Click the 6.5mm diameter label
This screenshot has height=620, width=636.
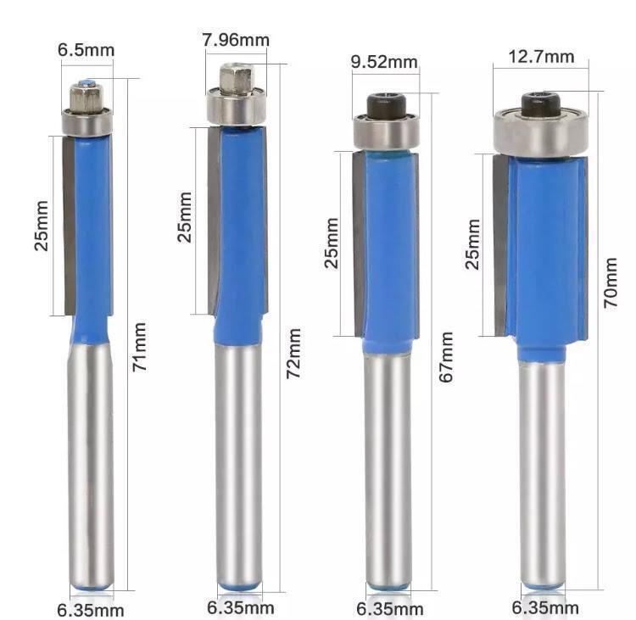(86, 50)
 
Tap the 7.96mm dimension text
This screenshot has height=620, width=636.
(236, 40)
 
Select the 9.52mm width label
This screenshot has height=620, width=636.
(384, 62)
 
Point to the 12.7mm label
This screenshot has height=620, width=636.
(541, 56)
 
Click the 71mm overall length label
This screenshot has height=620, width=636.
(139, 347)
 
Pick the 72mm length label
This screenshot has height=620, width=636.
(293, 354)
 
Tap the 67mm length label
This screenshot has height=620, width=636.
(446, 357)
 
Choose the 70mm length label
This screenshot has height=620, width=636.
(611, 282)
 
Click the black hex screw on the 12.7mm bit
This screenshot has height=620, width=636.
(541, 104)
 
